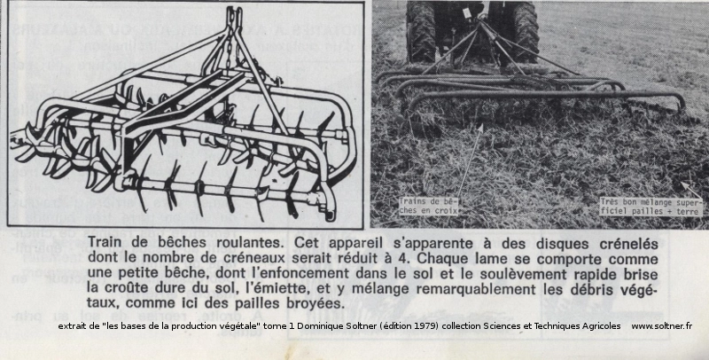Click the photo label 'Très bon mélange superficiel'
651,207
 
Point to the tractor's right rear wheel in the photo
523,27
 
